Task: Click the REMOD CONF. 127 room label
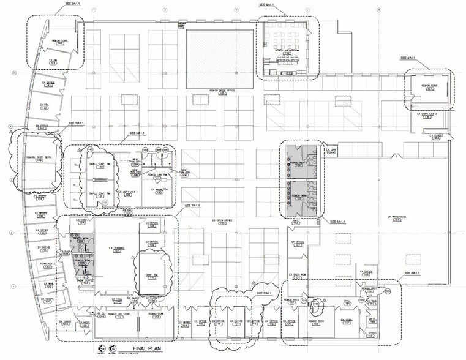[429, 87]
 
